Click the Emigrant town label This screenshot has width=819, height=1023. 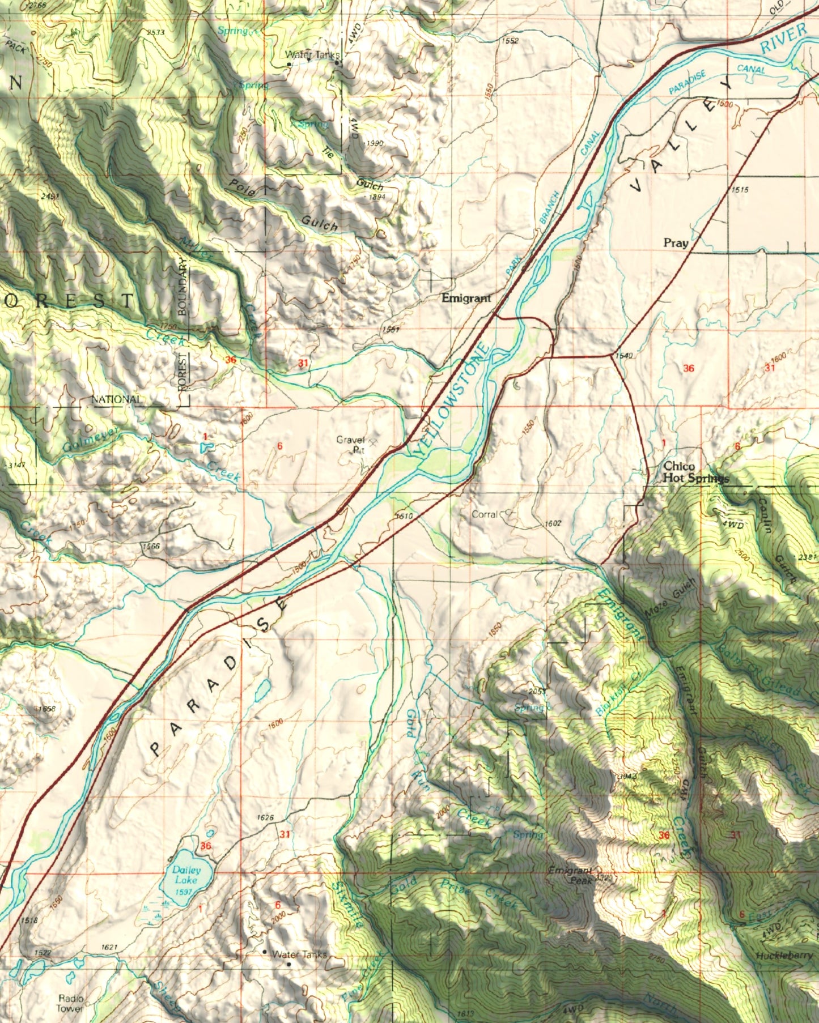pyautogui.click(x=466, y=298)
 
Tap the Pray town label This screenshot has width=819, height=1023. pyautogui.click(x=676, y=243)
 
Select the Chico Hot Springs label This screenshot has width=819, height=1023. pyautogui.click(x=695, y=472)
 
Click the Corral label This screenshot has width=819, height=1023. pyautogui.click(x=485, y=514)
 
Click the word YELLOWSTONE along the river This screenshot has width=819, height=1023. pyautogui.click(x=452, y=400)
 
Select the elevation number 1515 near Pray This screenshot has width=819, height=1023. pyautogui.click(x=740, y=190)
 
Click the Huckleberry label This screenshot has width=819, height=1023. pyautogui.click(x=784, y=956)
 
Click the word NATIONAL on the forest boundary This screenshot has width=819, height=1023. pyautogui.click(x=116, y=399)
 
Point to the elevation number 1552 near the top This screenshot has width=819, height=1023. pyautogui.click(x=510, y=41)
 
